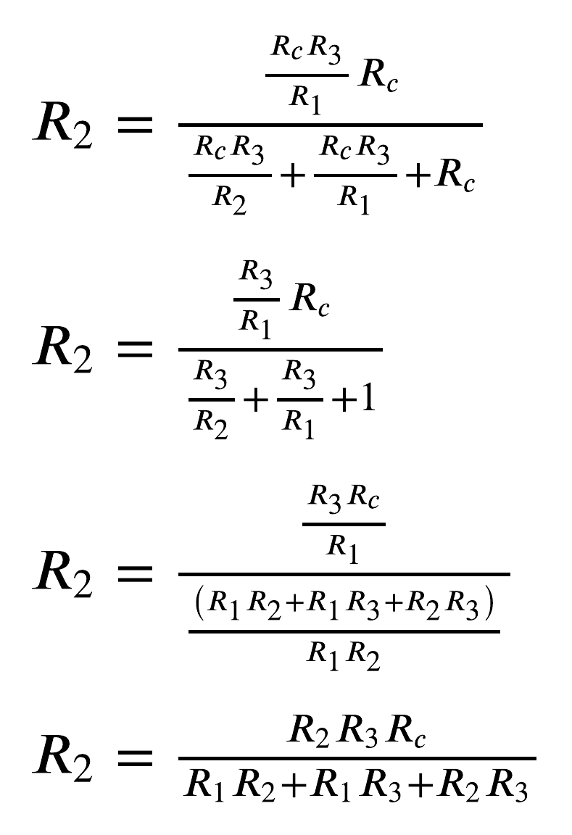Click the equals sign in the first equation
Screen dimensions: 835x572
coord(136,125)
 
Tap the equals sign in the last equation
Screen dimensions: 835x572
coord(136,759)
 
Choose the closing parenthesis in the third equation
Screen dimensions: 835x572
coord(491,605)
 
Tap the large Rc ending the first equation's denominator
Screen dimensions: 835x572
coord(455,176)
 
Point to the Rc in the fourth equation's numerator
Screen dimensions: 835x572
coord(406,733)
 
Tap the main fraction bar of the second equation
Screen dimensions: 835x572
coord(280,349)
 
